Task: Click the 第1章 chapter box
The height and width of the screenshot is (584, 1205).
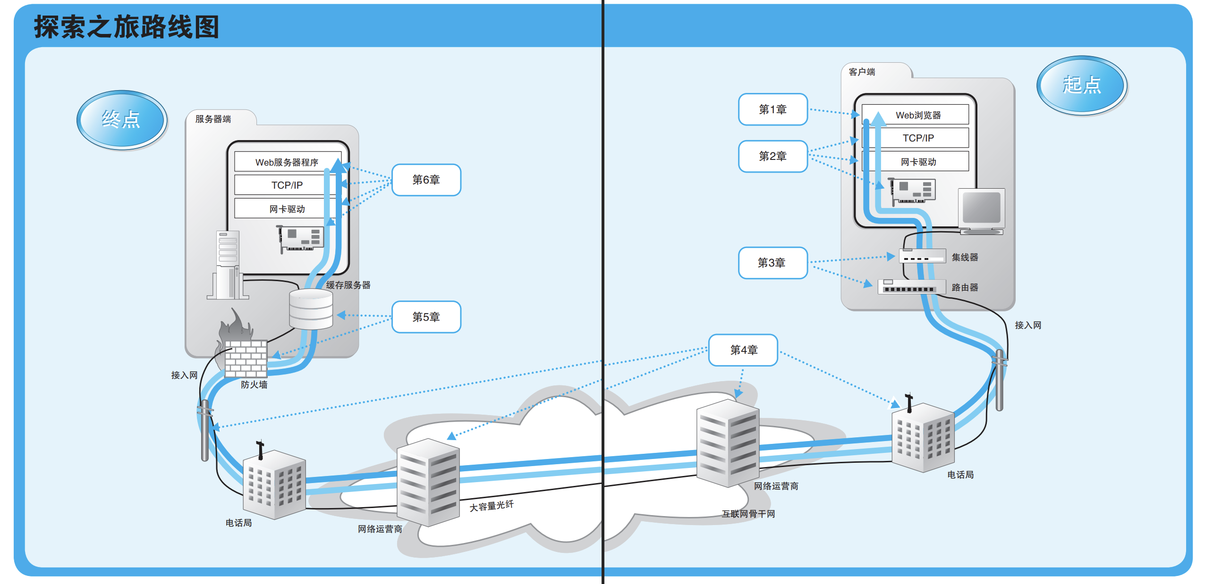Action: (x=772, y=109)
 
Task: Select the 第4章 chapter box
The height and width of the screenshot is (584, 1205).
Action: (x=743, y=350)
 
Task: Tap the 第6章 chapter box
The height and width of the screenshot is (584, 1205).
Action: (x=426, y=180)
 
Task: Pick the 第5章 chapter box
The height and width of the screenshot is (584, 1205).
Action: (x=426, y=317)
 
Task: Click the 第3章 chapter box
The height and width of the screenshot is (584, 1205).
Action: (x=772, y=263)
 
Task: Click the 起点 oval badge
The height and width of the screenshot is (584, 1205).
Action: (x=1081, y=85)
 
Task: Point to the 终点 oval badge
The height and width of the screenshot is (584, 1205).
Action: (x=121, y=120)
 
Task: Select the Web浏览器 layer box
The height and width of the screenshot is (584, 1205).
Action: (x=917, y=115)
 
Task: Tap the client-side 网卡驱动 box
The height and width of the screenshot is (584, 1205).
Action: (x=917, y=162)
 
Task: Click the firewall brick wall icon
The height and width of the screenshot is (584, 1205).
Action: (x=246, y=358)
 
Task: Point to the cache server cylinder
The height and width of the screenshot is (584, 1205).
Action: (x=311, y=309)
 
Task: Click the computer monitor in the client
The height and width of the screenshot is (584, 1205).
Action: (x=981, y=210)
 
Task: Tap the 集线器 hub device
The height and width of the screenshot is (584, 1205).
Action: (x=922, y=256)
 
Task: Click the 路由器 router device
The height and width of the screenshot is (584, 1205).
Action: (x=911, y=287)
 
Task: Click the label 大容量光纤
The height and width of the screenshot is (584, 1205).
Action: (x=491, y=506)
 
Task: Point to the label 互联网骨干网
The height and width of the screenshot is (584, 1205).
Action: (x=748, y=514)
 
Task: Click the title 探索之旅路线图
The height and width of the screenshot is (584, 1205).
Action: (x=127, y=27)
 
